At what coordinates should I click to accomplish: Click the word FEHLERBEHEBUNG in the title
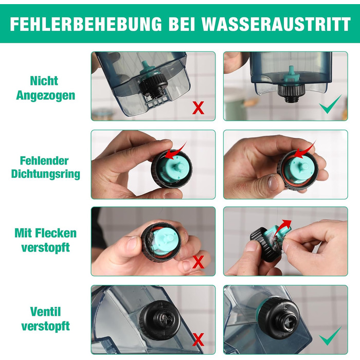(x=86, y=24)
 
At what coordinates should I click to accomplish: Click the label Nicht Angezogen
(x=45, y=88)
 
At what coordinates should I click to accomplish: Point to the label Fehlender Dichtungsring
(x=45, y=167)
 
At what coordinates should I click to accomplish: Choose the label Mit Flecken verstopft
(x=45, y=240)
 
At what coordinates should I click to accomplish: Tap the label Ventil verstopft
(x=45, y=319)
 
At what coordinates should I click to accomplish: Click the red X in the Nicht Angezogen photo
(x=198, y=107)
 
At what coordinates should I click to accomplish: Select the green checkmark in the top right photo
(x=330, y=104)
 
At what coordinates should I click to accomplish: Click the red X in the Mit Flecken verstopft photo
(x=198, y=262)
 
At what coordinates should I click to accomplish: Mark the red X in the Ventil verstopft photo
(x=198, y=339)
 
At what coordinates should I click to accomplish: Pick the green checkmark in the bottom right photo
(x=330, y=336)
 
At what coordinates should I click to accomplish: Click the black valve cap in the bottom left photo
(x=159, y=320)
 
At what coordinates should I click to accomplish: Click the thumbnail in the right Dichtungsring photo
(x=274, y=184)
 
